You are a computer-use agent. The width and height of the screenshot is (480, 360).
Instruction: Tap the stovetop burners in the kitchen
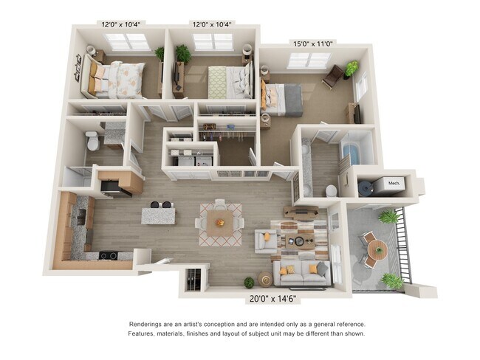[108, 256]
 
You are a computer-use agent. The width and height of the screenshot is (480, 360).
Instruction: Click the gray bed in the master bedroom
[283, 98]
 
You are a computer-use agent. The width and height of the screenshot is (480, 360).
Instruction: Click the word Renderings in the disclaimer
[148, 325]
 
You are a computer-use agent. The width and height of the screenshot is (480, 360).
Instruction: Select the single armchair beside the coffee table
[266, 239]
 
